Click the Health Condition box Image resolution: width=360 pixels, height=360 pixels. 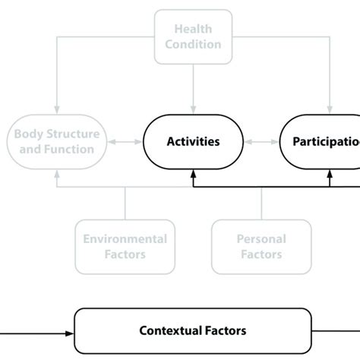[193, 36]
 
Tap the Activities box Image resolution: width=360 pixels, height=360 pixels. [193, 141]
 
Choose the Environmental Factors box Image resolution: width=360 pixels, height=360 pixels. [125, 246]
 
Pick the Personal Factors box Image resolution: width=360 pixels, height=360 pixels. [261, 246]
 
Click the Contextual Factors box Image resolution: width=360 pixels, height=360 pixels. [193, 330]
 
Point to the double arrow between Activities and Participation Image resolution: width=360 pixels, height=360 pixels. [261, 141]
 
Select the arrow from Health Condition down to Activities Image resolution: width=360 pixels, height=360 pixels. [193, 87]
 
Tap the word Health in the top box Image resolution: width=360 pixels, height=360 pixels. [193, 29]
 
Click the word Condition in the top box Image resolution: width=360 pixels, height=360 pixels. [193, 43]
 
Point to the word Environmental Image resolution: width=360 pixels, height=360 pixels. [125, 239]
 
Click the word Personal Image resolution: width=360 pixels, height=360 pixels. [261, 239]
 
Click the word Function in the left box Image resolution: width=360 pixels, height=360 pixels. [83, 149]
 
